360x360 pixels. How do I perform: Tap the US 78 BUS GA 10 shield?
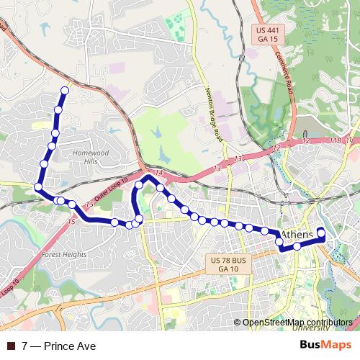tap(227, 263)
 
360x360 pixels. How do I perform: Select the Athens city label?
tap(297, 235)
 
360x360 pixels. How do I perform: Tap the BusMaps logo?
tap(326, 345)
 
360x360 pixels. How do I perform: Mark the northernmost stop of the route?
tap(65, 91)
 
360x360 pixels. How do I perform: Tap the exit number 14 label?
tap(159, 172)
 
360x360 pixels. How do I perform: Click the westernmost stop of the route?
tap(38, 186)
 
